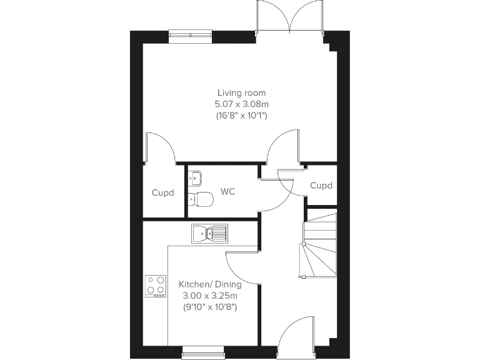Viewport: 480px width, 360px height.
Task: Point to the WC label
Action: click(x=227, y=191)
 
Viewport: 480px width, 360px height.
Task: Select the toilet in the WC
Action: click(x=201, y=199)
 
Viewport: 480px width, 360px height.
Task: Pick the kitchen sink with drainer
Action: click(x=210, y=234)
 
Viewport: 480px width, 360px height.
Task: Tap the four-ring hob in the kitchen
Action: click(x=156, y=286)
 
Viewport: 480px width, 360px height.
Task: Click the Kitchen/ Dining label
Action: click(x=210, y=284)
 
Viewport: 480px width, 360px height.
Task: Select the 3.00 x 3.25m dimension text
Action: click(x=210, y=296)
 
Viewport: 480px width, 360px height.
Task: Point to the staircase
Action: click(x=319, y=245)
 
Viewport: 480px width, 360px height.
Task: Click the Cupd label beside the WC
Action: click(x=163, y=192)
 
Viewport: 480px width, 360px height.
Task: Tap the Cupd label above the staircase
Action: click(x=321, y=186)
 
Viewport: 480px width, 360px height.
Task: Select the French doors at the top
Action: click(x=290, y=17)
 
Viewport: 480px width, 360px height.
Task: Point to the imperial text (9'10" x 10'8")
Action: click(x=210, y=307)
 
